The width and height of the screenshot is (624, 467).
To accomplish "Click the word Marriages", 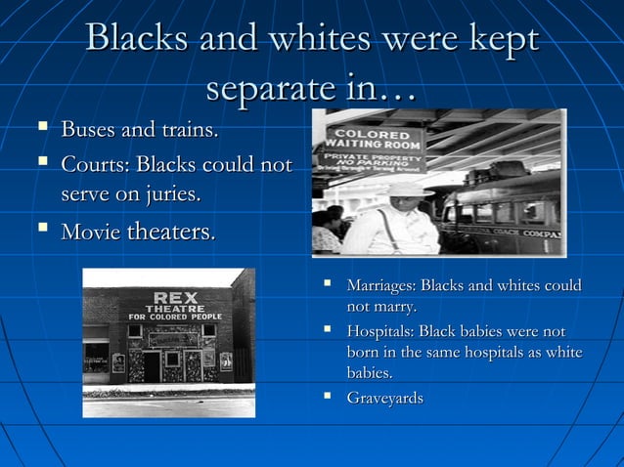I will [x=380, y=285].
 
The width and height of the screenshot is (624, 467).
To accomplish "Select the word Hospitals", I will [x=380, y=332].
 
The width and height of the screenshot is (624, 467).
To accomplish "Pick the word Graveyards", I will [x=384, y=398].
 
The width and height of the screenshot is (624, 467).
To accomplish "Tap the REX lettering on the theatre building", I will [x=174, y=296].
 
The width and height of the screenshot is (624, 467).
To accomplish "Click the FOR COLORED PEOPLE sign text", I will [x=175, y=317].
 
